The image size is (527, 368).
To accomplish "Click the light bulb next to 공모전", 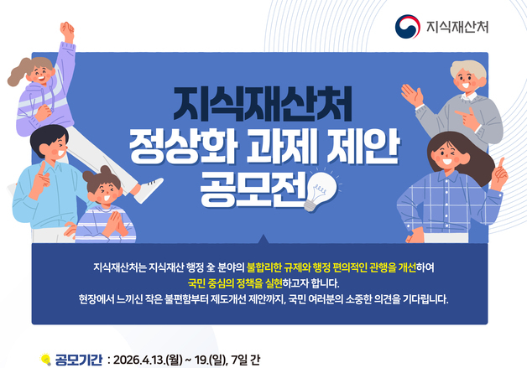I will [324, 189].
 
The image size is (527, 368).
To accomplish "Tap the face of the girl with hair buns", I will [104, 194].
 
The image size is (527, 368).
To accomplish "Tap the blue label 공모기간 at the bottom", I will [79, 360].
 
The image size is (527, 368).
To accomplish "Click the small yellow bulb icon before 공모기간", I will [46, 360].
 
